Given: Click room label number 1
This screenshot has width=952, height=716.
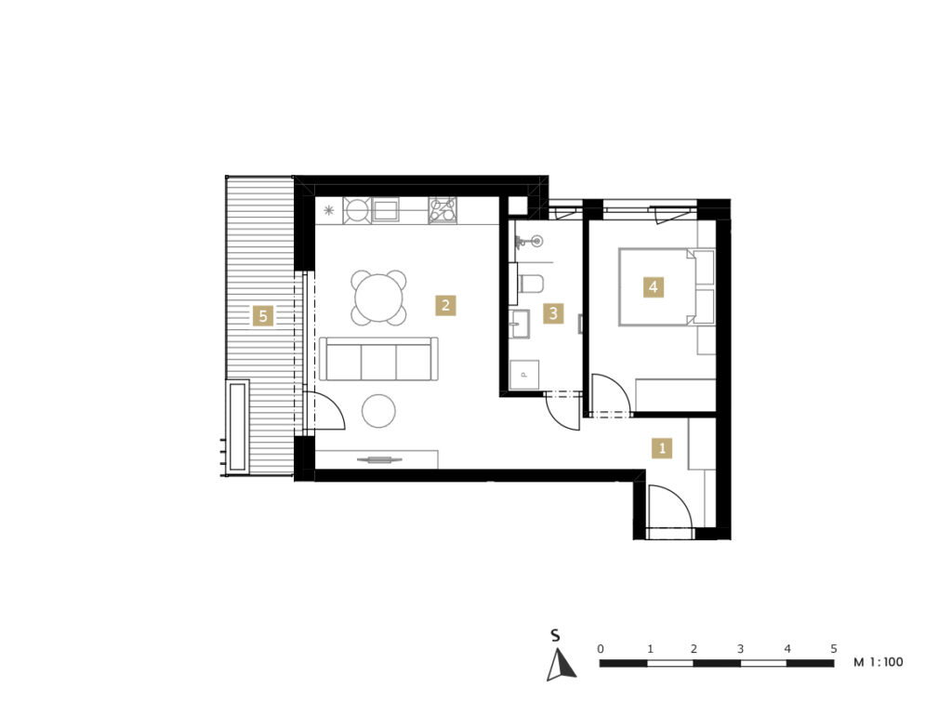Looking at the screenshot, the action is click(x=662, y=448).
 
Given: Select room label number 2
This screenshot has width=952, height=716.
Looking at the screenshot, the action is click(x=445, y=305).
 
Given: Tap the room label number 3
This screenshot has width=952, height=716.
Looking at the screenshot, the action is click(x=553, y=313).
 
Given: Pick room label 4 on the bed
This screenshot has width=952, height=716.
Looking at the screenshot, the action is click(x=654, y=286).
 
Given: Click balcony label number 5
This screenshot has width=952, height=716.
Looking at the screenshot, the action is click(x=263, y=316).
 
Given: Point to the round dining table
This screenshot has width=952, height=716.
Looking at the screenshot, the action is click(x=379, y=298).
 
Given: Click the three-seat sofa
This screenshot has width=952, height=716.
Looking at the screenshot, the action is click(x=379, y=359).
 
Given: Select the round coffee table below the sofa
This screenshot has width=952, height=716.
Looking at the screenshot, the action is click(x=379, y=411).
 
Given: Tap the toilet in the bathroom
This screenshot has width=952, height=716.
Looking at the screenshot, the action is click(x=531, y=283).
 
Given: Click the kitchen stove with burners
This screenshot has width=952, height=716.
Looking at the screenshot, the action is click(x=443, y=211).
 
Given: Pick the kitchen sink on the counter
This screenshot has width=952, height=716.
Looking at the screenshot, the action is click(x=386, y=211).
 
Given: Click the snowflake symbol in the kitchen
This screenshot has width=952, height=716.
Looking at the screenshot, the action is click(x=328, y=211).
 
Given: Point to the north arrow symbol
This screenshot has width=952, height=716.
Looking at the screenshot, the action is click(x=561, y=665).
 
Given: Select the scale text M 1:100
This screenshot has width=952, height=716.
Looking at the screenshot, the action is click(x=879, y=662).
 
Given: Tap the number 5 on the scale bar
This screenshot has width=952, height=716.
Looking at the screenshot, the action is click(x=834, y=649).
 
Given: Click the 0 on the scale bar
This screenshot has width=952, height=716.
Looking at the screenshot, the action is click(x=601, y=649).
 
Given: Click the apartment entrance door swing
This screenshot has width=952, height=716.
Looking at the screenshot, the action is click(x=670, y=507).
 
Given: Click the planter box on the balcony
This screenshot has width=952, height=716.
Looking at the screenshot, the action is click(x=237, y=425).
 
